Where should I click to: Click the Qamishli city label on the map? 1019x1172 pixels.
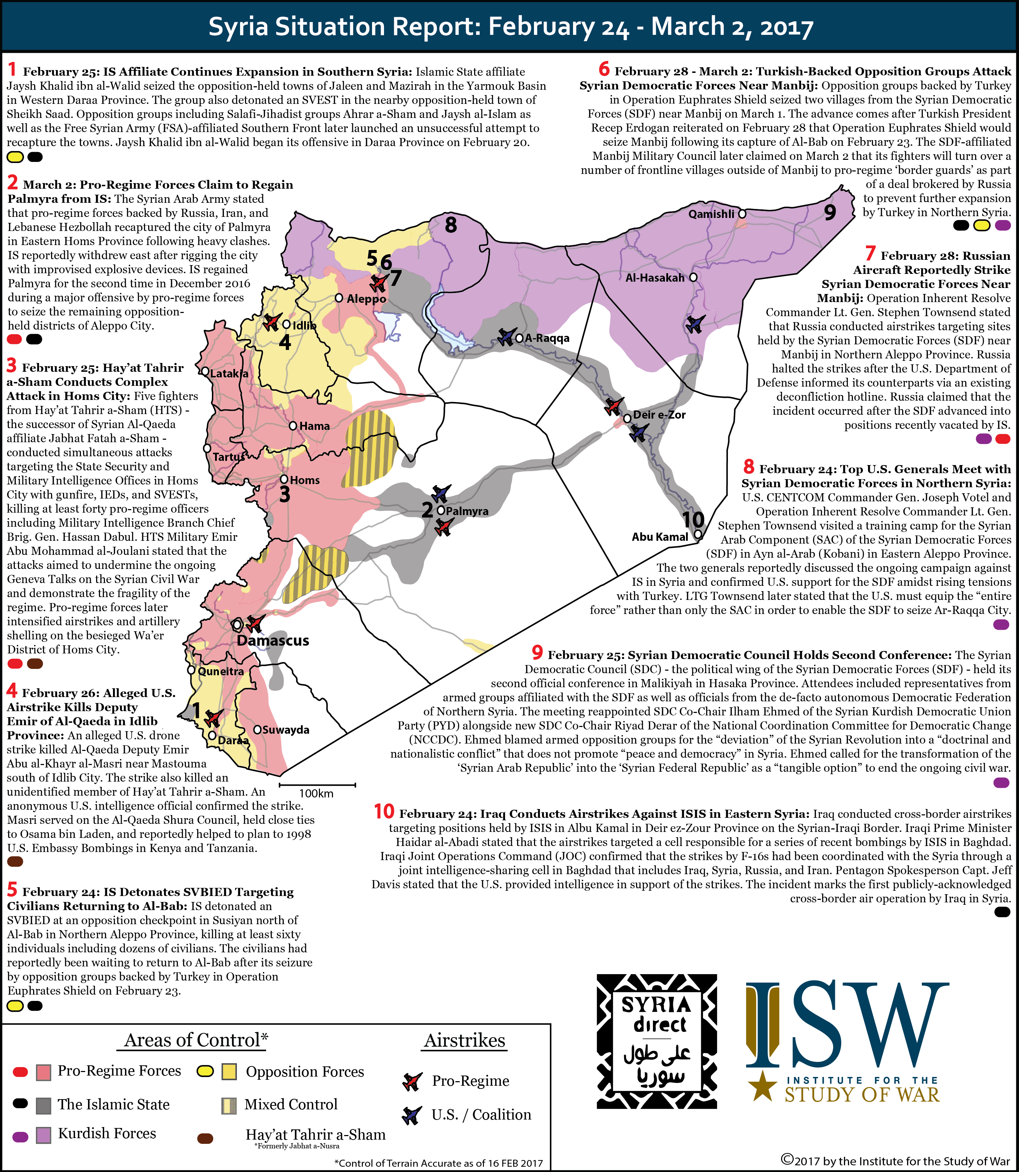711,214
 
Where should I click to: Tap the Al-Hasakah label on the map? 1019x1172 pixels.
654,277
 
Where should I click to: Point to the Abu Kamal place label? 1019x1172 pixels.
660,536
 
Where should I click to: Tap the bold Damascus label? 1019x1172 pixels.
273,640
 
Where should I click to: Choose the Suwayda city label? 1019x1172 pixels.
285,729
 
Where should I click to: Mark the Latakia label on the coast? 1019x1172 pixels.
229,374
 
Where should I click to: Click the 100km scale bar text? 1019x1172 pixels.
316,793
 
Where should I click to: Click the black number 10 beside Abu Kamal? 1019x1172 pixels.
693,519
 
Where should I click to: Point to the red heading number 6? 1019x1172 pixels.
604,69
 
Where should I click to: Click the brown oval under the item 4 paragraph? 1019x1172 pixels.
15,861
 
